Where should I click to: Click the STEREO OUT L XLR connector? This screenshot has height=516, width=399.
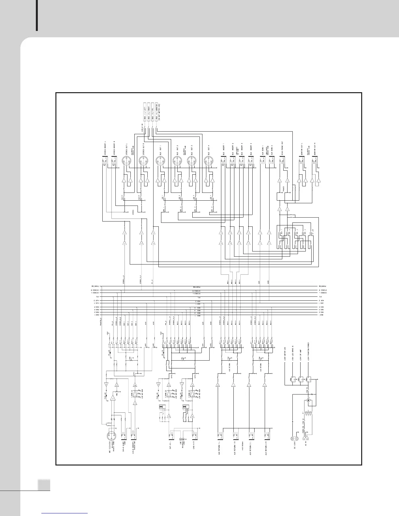[x=126, y=161]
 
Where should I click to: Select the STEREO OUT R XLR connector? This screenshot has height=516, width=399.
[x=144, y=161]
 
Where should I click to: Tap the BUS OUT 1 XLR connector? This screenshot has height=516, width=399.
[x=160, y=161]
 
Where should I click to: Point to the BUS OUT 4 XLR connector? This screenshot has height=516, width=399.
[x=208, y=161]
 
